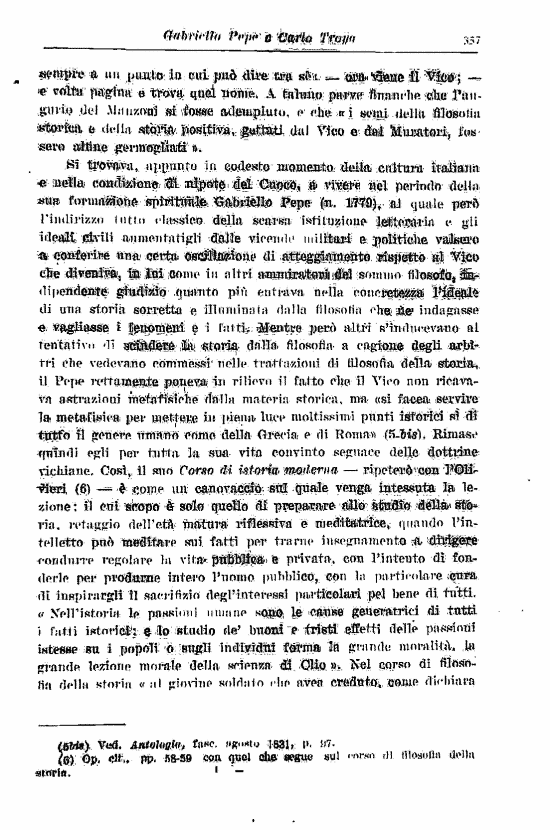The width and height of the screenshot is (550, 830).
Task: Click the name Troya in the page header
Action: tap(339, 39)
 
